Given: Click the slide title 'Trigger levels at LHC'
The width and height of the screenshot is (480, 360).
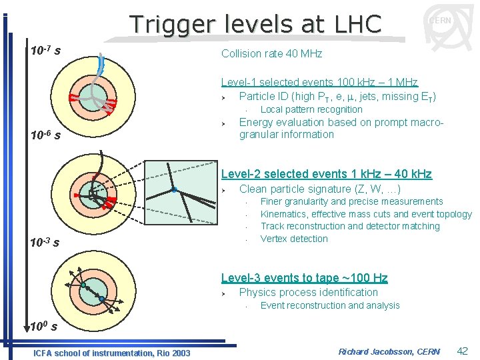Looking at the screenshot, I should click(x=255, y=24).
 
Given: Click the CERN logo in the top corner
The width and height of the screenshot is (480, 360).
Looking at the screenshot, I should click(x=441, y=21).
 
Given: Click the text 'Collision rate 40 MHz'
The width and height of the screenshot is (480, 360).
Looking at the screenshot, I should click(x=271, y=53).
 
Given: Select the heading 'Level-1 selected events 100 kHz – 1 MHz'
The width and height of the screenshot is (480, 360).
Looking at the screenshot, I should click(x=319, y=82).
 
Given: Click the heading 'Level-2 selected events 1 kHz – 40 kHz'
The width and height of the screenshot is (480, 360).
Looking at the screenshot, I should click(x=326, y=174).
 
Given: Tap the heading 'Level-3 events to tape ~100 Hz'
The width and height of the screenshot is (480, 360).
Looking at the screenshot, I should click(x=304, y=278).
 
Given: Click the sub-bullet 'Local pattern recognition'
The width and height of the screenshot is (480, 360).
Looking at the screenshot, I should click(x=311, y=109).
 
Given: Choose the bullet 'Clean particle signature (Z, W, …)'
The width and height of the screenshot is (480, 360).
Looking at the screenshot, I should click(x=319, y=189).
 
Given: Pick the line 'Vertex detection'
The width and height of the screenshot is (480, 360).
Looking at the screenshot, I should click(x=294, y=239).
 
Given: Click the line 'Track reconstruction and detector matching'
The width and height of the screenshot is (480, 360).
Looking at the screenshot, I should click(x=350, y=226).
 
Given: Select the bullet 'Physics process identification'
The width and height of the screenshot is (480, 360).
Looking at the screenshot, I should click(x=308, y=292).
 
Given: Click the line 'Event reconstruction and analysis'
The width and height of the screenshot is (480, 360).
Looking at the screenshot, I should click(x=330, y=305).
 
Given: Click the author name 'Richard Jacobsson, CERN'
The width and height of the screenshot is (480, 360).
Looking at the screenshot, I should click(x=389, y=351).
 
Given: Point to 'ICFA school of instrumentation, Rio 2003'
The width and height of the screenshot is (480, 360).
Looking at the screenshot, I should click(x=111, y=353).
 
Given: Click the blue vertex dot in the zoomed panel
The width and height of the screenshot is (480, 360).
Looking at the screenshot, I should click(x=173, y=190).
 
